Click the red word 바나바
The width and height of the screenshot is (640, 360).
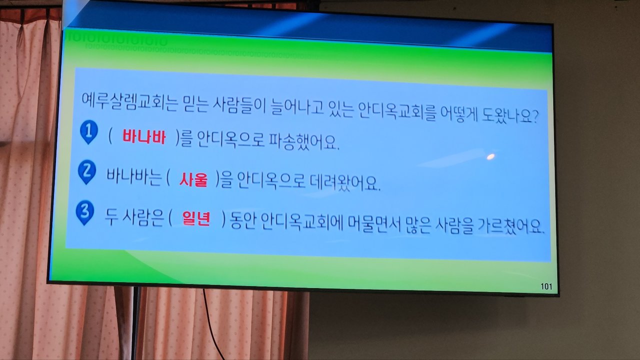144,137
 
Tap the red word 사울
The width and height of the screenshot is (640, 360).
193,179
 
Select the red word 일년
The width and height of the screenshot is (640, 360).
196,219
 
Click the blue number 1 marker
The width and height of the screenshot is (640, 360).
89,131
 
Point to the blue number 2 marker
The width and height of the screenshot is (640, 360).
87,172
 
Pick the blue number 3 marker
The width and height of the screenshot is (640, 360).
85,212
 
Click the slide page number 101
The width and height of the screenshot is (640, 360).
546,286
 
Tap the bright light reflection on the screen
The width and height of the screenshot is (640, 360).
490,156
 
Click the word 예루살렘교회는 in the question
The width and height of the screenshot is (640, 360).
129,101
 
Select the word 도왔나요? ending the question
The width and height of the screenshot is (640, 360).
510,115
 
